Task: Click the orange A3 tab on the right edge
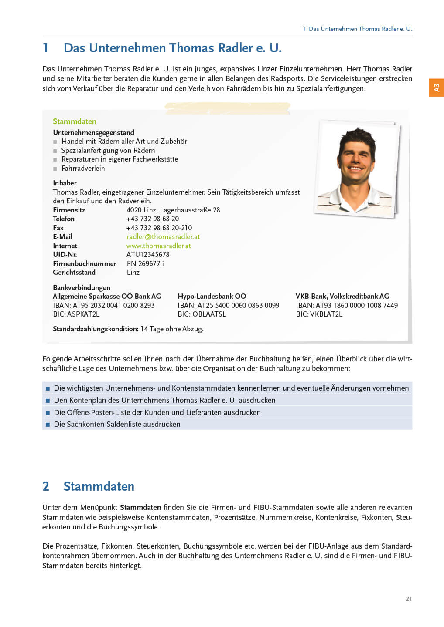(x=436, y=88)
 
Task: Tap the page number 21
(x=409, y=599)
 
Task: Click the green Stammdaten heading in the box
(x=75, y=121)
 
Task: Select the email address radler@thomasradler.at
(x=163, y=236)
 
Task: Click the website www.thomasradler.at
(x=159, y=246)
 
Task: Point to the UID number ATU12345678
(x=148, y=254)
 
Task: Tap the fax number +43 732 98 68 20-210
(x=159, y=228)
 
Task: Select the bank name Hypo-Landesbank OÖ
(x=212, y=296)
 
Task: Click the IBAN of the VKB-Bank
(x=347, y=305)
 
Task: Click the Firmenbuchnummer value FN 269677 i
(x=145, y=263)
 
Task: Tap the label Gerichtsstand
(x=74, y=272)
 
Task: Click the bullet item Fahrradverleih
(x=83, y=168)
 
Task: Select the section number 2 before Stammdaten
(x=46, y=486)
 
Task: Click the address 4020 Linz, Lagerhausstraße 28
(x=173, y=210)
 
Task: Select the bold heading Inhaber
(x=65, y=183)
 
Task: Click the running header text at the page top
(x=357, y=29)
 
